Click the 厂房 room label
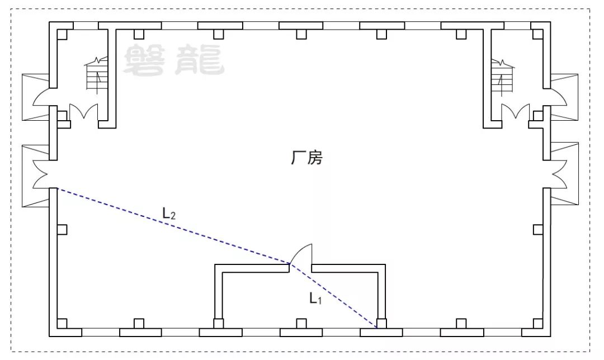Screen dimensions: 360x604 click(x=306, y=158)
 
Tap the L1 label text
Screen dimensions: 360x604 click(x=316, y=299)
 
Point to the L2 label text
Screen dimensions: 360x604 click(x=169, y=213)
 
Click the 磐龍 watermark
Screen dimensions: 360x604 click(x=173, y=60)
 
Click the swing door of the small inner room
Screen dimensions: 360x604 click(x=303, y=254)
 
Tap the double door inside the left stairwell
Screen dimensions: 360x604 click(x=83, y=111)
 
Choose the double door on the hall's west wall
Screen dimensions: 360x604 click(x=42, y=173)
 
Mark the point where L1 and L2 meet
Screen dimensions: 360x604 click(x=290, y=263)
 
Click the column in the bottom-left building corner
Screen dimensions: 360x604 click(x=62, y=323)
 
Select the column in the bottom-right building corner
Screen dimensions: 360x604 click(x=537, y=323)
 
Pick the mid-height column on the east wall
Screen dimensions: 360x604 click(x=537, y=229)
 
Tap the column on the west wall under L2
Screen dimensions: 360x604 click(x=62, y=229)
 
